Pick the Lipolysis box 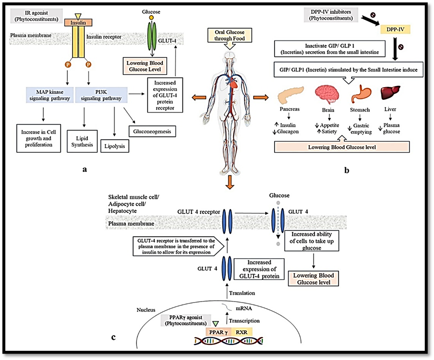coord(115,145)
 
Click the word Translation coord(246,293)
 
